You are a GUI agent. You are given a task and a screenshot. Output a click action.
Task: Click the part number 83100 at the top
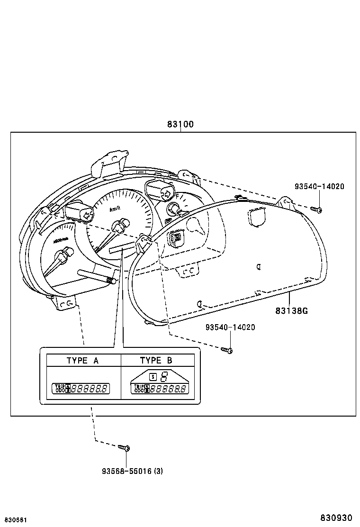click(x=180, y=125)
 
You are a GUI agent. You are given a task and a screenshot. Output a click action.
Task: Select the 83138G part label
click(x=291, y=311)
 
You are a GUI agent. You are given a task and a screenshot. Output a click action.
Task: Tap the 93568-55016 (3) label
click(x=133, y=471)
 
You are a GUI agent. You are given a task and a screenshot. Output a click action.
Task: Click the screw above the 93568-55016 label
click(x=125, y=447)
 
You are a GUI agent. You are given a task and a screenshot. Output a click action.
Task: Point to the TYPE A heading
click(x=82, y=361)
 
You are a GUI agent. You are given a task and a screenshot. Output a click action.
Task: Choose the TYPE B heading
click(x=156, y=361)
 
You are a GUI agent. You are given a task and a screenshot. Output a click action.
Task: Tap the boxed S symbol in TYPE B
click(x=153, y=377)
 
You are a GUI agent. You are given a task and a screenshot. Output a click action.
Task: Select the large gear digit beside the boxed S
click(x=164, y=377)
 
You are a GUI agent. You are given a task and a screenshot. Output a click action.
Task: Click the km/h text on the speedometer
click(x=115, y=209)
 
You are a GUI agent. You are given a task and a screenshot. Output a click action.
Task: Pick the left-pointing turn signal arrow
click(x=87, y=215)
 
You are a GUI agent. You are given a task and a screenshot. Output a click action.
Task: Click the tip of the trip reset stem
click(x=113, y=281)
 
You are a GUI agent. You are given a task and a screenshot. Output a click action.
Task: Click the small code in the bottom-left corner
click(x=16, y=520)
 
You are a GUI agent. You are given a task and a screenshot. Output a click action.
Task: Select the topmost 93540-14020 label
click(x=319, y=186)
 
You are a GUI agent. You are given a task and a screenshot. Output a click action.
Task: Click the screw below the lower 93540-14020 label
click(x=226, y=350)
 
